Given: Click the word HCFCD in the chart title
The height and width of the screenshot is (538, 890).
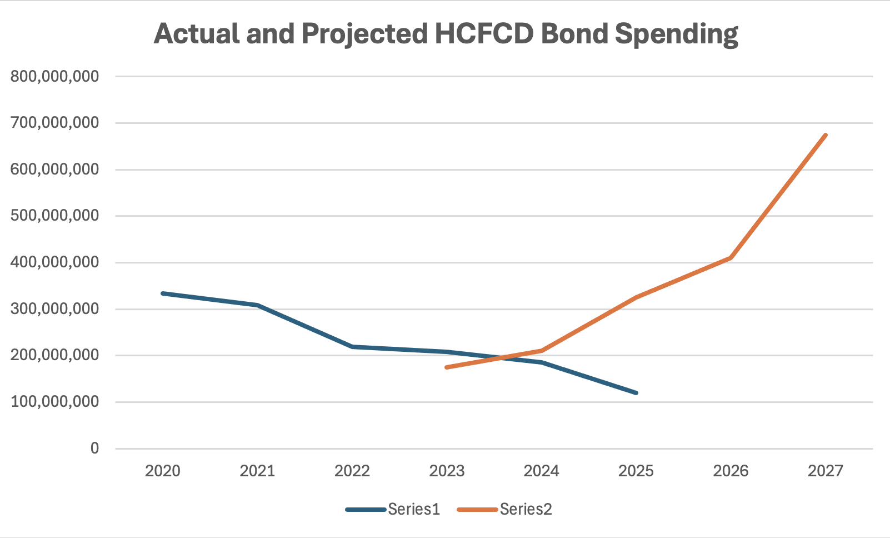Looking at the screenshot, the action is point(484,33).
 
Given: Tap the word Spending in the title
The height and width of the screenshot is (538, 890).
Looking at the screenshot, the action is point(677,35).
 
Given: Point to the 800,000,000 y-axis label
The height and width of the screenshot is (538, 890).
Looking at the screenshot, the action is point(55,76).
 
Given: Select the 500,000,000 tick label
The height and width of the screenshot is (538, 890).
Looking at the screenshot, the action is point(55,216).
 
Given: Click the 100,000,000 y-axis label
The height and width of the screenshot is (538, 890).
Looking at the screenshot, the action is point(55,402).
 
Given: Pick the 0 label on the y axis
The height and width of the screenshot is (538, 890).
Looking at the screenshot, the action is point(94,448).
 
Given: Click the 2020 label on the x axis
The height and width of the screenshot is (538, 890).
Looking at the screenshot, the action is point(163,471).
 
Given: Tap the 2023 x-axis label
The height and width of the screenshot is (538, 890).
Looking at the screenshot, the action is point(447,471).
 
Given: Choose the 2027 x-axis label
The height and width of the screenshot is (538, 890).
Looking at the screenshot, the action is point(826,471).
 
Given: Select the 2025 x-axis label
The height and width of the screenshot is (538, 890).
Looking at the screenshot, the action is point(636,471).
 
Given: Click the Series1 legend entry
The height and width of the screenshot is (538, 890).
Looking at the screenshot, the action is point(393,510).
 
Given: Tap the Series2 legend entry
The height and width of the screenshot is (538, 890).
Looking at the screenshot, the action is point(504,510).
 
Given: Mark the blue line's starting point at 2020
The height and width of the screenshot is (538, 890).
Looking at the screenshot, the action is point(163,293).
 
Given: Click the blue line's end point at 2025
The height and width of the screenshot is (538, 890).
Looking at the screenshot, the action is point(636,393).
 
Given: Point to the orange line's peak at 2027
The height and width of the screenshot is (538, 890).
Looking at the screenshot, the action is point(826,135).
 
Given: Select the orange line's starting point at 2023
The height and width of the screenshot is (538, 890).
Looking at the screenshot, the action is point(447,367).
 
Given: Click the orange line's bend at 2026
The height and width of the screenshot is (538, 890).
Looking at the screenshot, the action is point(731,258).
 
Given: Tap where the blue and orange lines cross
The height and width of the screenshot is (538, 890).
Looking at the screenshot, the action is point(503,357).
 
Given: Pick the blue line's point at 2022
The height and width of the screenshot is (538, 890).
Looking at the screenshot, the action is point(352,347).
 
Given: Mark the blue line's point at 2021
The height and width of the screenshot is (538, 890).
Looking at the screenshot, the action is point(257,305).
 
